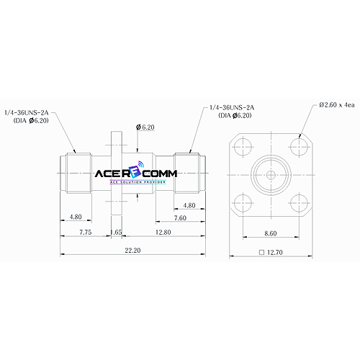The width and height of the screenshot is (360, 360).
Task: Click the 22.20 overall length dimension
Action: click(x=132, y=251)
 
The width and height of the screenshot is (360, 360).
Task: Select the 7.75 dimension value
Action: click(x=86, y=232)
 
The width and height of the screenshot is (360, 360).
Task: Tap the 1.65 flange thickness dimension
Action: click(x=116, y=232)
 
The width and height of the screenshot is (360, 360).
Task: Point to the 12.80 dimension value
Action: click(x=163, y=232)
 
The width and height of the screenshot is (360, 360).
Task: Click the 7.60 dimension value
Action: click(x=180, y=218)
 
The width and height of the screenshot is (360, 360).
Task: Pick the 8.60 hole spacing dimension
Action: click(x=271, y=233)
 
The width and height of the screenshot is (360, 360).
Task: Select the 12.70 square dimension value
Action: click(x=275, y=252)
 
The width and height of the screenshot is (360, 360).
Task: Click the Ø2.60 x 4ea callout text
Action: click(x=337, y=105)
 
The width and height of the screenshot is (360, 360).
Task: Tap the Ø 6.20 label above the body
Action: click(x=145, y=127)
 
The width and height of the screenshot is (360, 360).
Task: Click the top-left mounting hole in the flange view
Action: click(x=243, y=146)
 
